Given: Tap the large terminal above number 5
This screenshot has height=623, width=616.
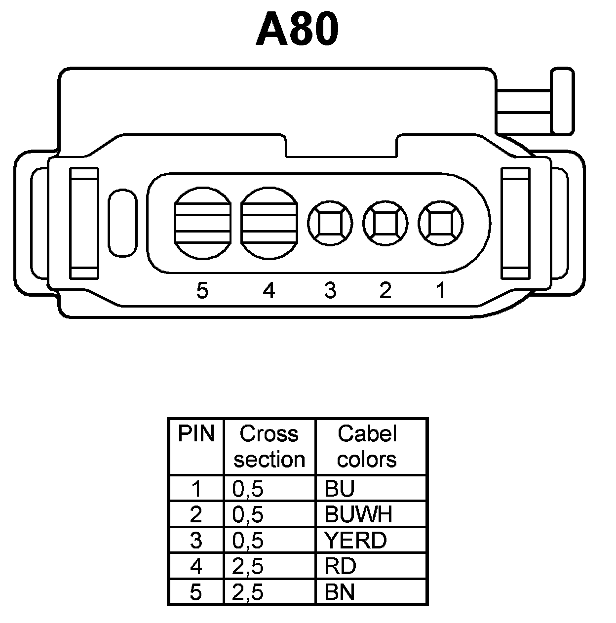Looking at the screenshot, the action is tap(202, 223).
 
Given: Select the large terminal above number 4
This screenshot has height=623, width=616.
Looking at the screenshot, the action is tap(269, 223).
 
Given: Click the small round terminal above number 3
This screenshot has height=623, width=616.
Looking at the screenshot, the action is tap(330, 223).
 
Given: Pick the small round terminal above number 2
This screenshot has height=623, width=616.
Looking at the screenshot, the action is tap(385, 223).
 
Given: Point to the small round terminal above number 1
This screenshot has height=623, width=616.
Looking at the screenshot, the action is tap(440, 223).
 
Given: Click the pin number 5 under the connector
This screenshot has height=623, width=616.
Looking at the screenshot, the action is tap(202, 291).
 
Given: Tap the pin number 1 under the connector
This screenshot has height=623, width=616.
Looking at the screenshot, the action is tap(441, 290).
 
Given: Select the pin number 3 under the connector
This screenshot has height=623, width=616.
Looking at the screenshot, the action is tap(330, 290).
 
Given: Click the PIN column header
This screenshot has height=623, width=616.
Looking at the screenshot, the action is tap(196, 434).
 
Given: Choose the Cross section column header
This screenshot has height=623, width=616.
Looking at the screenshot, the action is tap(269, 446).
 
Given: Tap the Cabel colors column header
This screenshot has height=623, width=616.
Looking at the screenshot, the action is tap(367, 446).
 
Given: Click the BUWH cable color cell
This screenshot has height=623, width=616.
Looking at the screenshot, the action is tap(358, 514).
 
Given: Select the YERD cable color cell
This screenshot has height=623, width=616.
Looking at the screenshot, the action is tap(355, 540).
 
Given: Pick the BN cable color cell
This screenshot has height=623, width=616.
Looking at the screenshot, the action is tap(340, 591).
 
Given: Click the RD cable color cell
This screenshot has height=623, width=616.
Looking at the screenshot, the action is tap(340, 566).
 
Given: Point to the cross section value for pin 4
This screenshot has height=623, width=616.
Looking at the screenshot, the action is tap(248, 566).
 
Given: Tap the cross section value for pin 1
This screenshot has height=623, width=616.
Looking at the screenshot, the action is tap(248, 489).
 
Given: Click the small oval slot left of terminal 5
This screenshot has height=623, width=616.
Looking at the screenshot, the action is tap(122, 223).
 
